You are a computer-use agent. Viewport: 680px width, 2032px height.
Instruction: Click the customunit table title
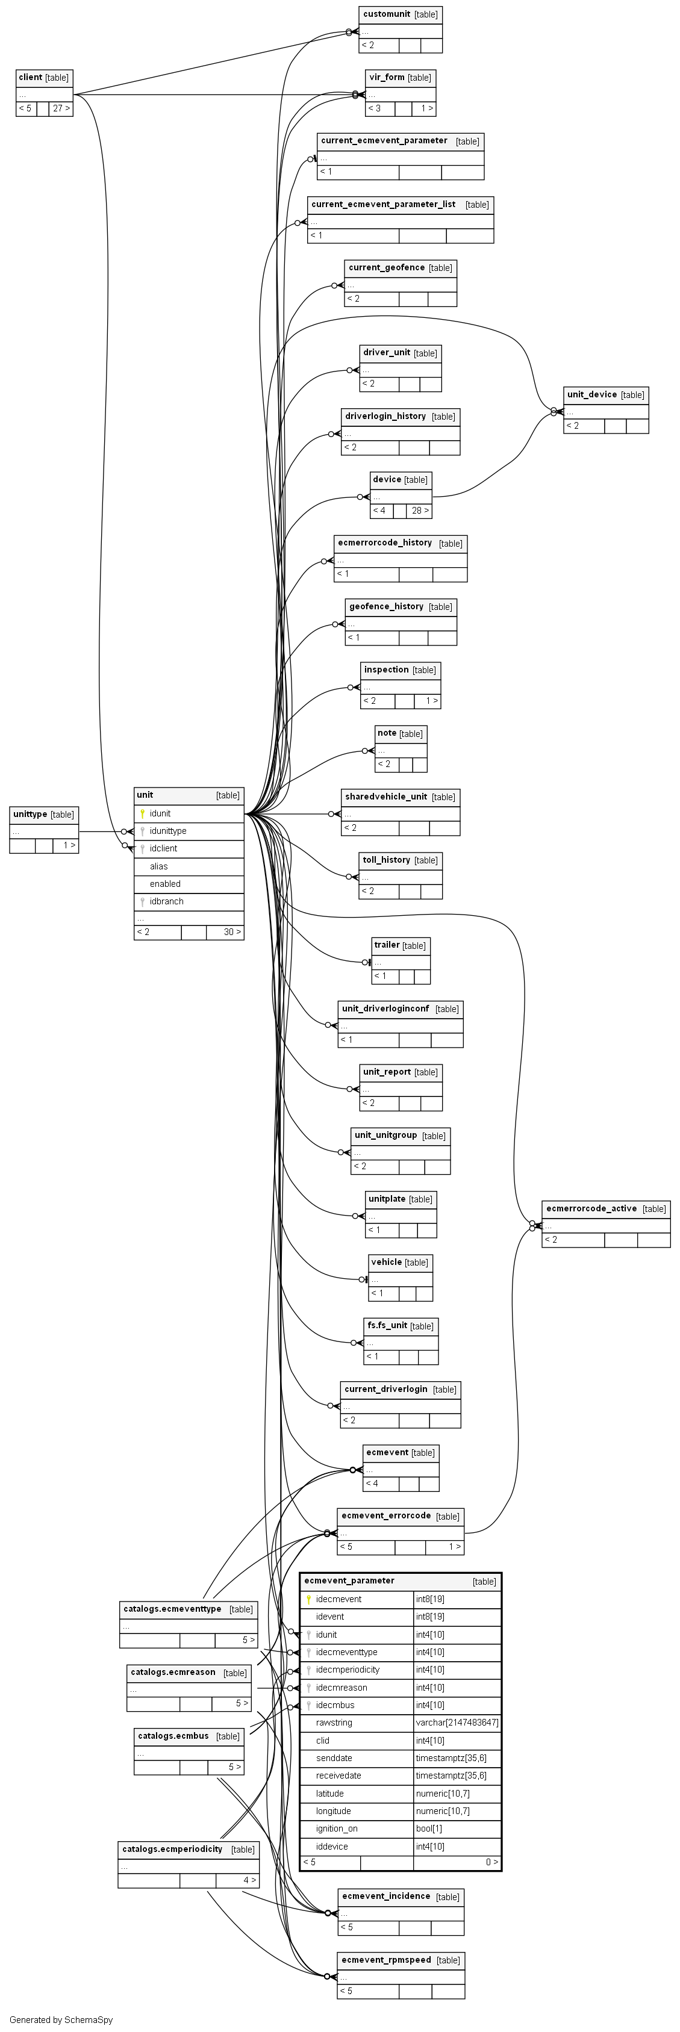[x=387, y=14]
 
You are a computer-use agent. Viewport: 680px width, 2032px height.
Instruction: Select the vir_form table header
[x=387, y=77]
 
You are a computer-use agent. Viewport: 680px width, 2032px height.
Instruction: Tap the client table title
[x=31, y=77]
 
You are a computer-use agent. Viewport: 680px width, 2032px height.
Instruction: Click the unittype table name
[x=30, y=814]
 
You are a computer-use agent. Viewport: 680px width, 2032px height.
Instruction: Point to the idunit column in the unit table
[x=160, y=813]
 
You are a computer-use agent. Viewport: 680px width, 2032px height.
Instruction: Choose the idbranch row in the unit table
[x=166, y=901]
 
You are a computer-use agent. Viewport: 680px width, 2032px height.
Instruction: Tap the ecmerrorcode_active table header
[x=591, y=1208]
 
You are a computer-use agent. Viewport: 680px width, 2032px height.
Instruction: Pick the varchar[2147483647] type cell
[x=457, y=1723]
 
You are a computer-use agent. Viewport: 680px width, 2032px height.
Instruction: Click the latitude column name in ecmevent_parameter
[x=329, y=1793]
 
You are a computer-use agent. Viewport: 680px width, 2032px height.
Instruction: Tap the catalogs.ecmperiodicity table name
[x=171, y=1848]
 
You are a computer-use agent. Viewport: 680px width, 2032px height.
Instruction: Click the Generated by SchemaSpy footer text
[x=61, y=2020]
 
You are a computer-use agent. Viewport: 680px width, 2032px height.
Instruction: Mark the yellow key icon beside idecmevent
[x=308, y=1599]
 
